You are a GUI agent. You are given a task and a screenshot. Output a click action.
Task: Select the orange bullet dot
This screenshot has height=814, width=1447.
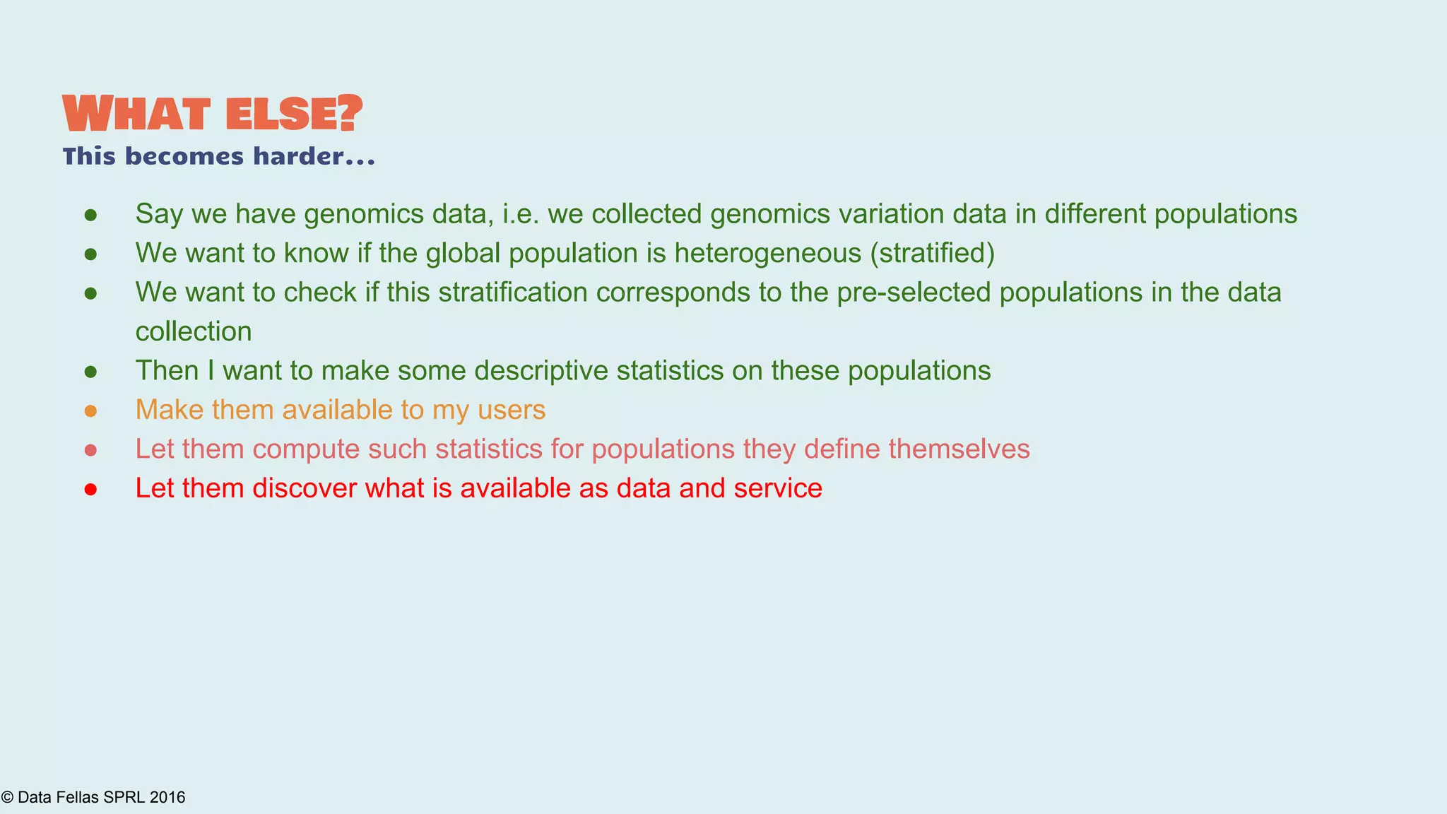(90, 411)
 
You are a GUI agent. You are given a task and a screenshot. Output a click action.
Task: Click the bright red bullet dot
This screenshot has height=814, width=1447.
(90, 489)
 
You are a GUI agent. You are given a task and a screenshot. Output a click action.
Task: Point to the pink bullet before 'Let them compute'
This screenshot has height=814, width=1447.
(90, 450)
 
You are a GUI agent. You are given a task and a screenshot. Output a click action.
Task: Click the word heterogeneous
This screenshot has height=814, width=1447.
(767, 253)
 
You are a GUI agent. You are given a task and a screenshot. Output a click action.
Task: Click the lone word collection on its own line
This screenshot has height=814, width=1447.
(194, 332)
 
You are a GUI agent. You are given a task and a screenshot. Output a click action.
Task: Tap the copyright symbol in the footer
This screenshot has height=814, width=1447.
(7, 798)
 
